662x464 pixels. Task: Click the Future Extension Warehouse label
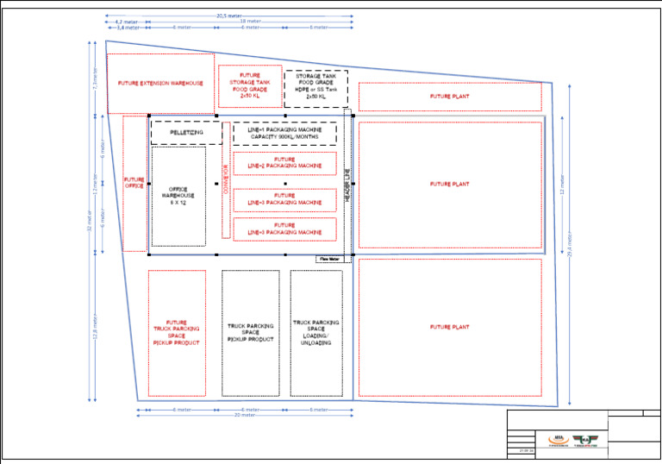click(160, 84)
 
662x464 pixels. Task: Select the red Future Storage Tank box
click(250, 85)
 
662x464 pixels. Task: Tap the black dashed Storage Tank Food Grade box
click(316, 87)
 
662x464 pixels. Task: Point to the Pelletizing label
click(186, 133)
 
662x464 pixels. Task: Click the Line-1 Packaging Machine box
click(284, 133)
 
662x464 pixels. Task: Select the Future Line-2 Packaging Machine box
click(284, 163)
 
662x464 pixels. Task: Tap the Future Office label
click(134, 183)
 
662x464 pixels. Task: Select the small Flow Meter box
click(329, 259)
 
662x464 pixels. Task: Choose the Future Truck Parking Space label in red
click(177, 332)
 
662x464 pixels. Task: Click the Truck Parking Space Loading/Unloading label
click(315, 332)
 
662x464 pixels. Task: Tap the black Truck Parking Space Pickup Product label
click(250, 332)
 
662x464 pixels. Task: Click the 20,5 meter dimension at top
click(228, 16)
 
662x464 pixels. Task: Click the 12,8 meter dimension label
click(95, 326)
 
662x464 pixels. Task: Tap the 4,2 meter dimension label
click(126, 22)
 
